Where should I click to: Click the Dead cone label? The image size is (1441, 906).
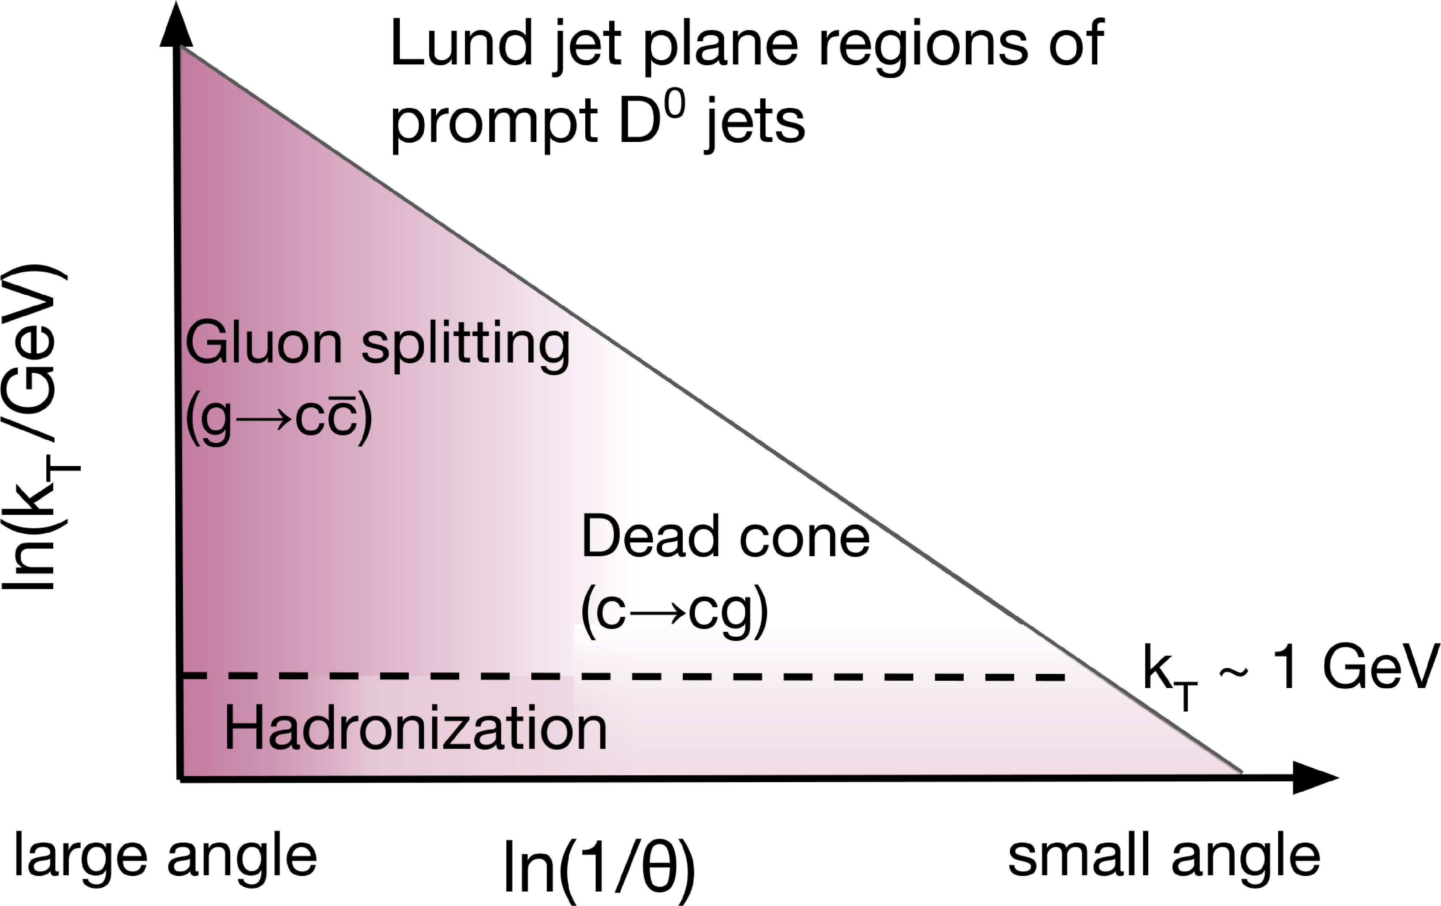[x=725, y=537]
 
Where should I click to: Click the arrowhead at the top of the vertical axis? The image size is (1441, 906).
[x=176, y=25]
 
